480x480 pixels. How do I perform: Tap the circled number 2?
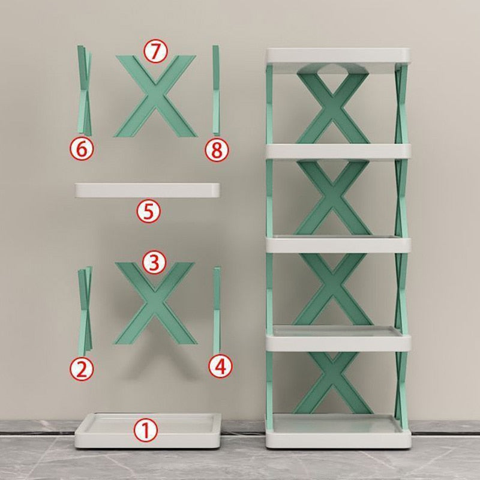pyautogui.click(x=83, y=368)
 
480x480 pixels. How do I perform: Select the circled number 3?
pyautogui.click(x=154, y=262)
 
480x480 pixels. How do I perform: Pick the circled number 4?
pyautogui.click(x=220, y=365)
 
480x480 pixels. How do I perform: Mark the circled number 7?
pyautogui.click(x=155, y=52)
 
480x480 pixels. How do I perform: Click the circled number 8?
pyautogui.click(x=217, y=150)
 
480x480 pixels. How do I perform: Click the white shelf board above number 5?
pyautogui.click(x=148, y=191)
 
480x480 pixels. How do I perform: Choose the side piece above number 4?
pyautogui.click(x=217, y=309)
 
